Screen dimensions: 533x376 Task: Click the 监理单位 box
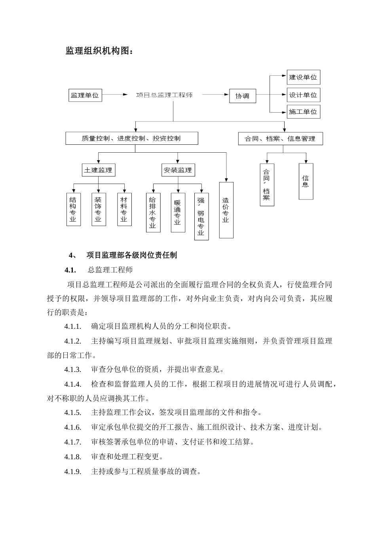[x=85, y=95]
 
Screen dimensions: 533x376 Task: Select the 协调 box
[x=242, y=96]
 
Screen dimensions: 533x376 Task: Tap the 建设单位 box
[x=303, y=77]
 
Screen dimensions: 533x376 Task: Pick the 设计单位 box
[x=303, y=95]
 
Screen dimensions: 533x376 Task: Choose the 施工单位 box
[x=303, y=112]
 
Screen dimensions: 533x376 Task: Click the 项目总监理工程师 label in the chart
[x=164, y=95]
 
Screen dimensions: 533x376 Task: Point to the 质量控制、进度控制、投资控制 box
[x=131, y=138]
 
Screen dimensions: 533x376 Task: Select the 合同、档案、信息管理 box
[x=280, y=139]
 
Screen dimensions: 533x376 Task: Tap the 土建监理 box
[x=98, y=170]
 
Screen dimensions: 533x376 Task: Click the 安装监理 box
[x=178, y=170]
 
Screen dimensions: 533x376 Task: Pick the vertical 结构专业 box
[x=73, y=209]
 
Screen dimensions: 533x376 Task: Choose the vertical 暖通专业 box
[x=178, y=213]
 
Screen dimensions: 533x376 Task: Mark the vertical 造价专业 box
[x=226, y=210]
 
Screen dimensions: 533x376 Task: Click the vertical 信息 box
[x=306, y=181]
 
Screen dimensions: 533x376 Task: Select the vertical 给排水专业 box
[x=153, y=213]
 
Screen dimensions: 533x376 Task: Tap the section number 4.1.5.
[x=73, y=412]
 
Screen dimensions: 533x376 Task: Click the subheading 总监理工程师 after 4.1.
[x=110, y=270]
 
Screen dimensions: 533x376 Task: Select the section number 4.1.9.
[x=73, y=472]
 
